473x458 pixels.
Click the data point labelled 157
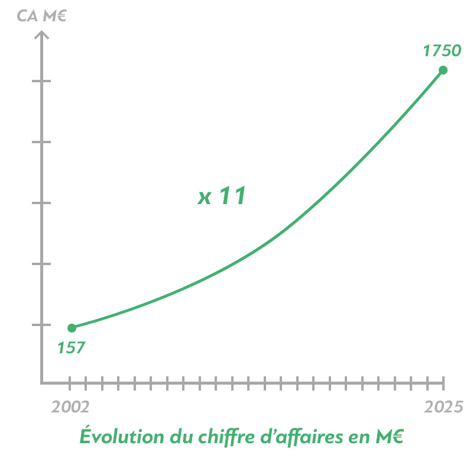(x=72, y=328)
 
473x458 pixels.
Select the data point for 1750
(x=443, y=70)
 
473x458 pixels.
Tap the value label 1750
(x=442, y=51)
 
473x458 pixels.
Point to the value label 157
(x=72, y=347)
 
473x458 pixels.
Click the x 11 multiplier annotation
(x=222, y=196)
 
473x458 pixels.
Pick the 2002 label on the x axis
(x=70, y=407)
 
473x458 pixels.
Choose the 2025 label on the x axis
(x=444, y=407)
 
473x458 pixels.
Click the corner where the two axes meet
(x=41, y=383)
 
